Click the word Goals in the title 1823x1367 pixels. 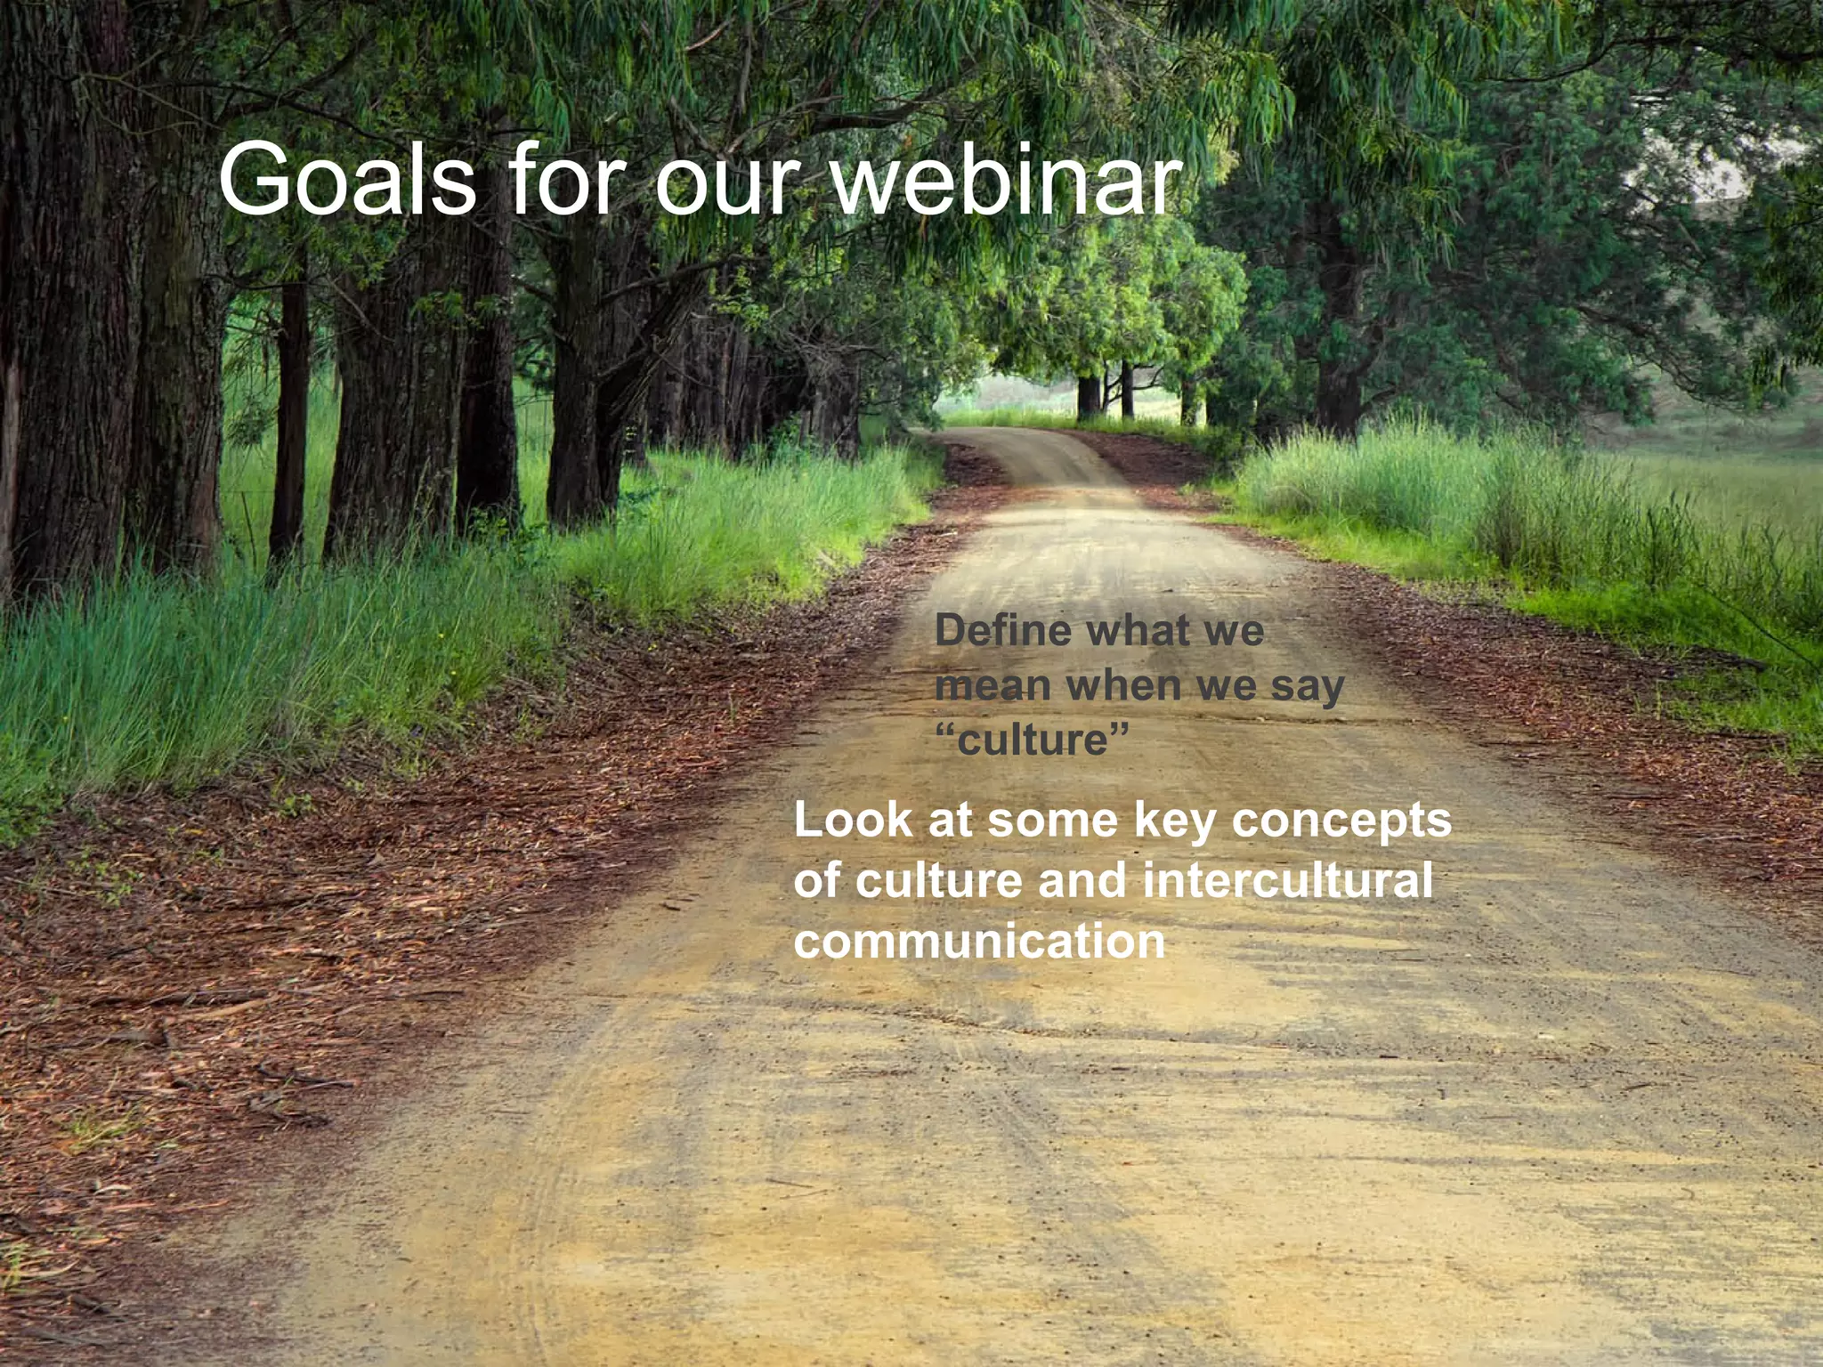(x=347, y=181)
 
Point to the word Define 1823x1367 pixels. (x=1002, y=631)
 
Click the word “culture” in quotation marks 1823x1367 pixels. (x=1033, y=740)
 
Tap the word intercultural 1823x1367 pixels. (x=1287, y=880)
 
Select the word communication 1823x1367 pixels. (x=979, y=942)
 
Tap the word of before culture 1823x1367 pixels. (x=817, y=880)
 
